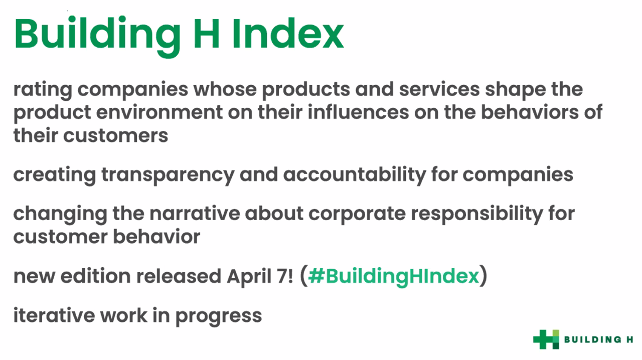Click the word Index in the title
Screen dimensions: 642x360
click(288, 34)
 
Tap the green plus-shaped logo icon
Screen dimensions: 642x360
click(546, 339)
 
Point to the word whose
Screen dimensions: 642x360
click(225, 89)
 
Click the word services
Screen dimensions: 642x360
click(439, 89)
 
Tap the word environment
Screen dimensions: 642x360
click(159, 112)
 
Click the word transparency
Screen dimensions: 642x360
click(168, 175)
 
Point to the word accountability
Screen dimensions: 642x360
click(355, 175)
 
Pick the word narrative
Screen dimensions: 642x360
click(195, 214)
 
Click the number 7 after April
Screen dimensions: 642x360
click(281, 276)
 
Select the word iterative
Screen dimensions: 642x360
click(54, 315)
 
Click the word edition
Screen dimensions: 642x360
click(96, 276)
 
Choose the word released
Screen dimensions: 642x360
click(179, 276)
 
